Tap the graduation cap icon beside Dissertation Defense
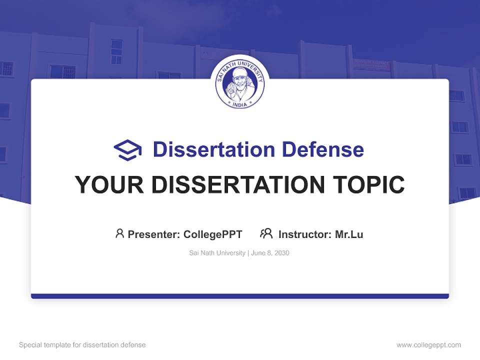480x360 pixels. point(127,150)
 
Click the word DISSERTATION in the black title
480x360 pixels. point(237,184)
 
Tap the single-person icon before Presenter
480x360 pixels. point(119,233)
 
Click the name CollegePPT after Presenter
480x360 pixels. point(213,234)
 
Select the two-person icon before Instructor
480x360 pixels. point(266,233)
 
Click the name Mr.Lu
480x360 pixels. point(349,234)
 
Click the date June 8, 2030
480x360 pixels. point(270,253)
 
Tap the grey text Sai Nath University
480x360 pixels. point(217,253)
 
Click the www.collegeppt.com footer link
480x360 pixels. point(428,345)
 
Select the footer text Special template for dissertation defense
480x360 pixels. point(82,345)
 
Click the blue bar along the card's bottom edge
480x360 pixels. point(240,296)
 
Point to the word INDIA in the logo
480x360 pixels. point(240,104)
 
